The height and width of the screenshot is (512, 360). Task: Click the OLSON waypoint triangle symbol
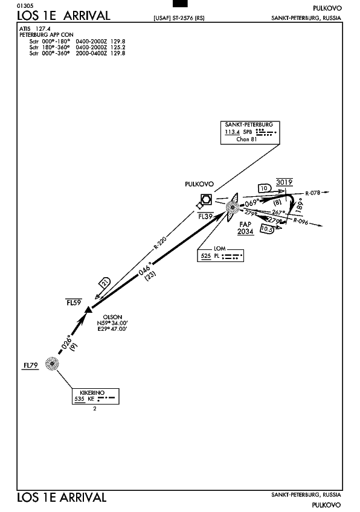point(88,309)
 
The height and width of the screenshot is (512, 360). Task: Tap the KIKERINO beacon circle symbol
point(52,363)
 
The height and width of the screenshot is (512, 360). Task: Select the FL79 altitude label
point(30,365)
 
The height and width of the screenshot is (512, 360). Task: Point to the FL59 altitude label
point(74,302)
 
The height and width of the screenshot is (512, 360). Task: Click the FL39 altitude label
point(205,216)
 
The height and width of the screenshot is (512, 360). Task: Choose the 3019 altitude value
point(284,182)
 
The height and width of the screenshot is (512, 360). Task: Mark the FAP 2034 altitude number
point(245,231)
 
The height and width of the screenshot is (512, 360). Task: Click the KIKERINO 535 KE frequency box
point(95,396)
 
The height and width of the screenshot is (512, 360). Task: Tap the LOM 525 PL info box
point(220,255)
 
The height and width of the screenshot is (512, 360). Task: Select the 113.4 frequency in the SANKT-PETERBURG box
point(233,132)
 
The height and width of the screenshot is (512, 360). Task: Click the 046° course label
point(146,269)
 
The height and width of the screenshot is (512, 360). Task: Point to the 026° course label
point(66,342)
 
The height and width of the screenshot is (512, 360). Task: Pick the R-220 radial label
point(160,243)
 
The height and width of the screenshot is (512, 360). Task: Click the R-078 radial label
point(313,193)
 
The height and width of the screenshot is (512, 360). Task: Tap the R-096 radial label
point(301,221)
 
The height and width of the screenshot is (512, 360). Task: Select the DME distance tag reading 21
point(105,283)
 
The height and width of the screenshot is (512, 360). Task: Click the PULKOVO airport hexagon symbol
point(206,199)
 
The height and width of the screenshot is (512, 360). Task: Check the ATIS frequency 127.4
point(43,29)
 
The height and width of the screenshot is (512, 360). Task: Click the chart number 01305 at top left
point(25,6)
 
